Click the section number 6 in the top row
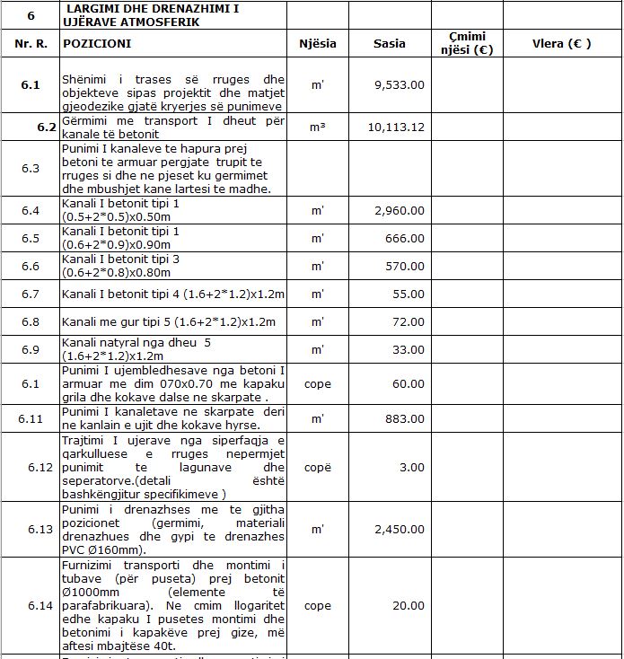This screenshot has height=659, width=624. point(31,16)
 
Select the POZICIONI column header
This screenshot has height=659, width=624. point(97,43)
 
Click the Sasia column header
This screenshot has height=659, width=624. point(390,43)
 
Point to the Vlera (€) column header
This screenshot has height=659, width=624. point(561,43)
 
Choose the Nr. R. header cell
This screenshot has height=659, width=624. point(31,43)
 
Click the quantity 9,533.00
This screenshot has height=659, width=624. point(400,85)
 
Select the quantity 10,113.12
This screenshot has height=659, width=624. point(396,127)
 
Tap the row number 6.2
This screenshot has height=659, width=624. point(47,127)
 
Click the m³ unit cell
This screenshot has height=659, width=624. point(317,127)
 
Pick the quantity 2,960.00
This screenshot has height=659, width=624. point(400,210)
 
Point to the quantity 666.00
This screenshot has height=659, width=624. point(406,239)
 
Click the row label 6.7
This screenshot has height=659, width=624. point(31,294)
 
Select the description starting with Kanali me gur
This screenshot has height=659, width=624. point(168,321)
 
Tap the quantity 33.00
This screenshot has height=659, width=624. point(409,349)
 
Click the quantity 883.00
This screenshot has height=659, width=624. point(406,418)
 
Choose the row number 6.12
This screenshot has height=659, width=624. point(41,468)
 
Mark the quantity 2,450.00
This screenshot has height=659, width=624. point(400,530)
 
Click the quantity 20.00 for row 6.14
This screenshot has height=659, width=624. point(409,606)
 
